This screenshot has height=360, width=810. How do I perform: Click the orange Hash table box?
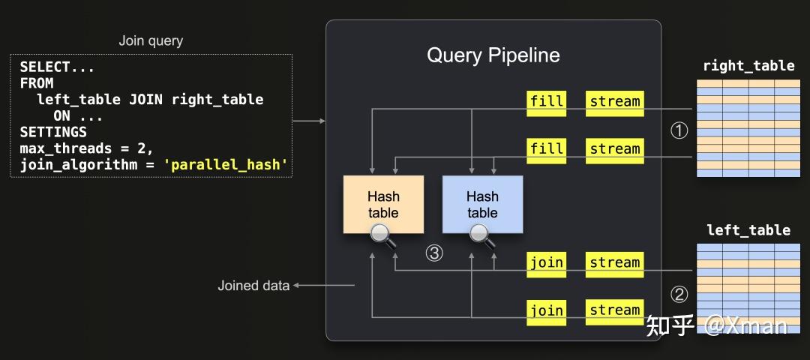383,205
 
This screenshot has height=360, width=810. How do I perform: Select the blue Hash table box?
482,205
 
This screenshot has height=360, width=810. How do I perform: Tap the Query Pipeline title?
493,55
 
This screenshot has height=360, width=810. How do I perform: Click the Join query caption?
151,40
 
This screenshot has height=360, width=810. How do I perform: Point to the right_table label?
749,65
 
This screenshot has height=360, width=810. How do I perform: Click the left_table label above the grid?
748,229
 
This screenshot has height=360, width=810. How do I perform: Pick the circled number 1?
679,131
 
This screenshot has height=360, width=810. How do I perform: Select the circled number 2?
679,295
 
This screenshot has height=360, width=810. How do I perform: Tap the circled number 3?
434,253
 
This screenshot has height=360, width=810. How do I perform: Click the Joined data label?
253,286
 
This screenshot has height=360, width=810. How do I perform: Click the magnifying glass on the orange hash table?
382,235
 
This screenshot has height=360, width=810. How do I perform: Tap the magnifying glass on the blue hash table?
482,235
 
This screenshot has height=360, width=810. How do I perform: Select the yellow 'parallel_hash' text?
225,165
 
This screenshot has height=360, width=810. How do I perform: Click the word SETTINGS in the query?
53,132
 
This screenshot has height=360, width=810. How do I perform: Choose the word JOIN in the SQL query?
146,99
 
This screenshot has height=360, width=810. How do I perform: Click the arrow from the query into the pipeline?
309,121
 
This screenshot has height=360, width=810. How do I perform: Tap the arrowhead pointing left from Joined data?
296,285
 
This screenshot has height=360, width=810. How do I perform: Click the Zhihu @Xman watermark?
716,325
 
